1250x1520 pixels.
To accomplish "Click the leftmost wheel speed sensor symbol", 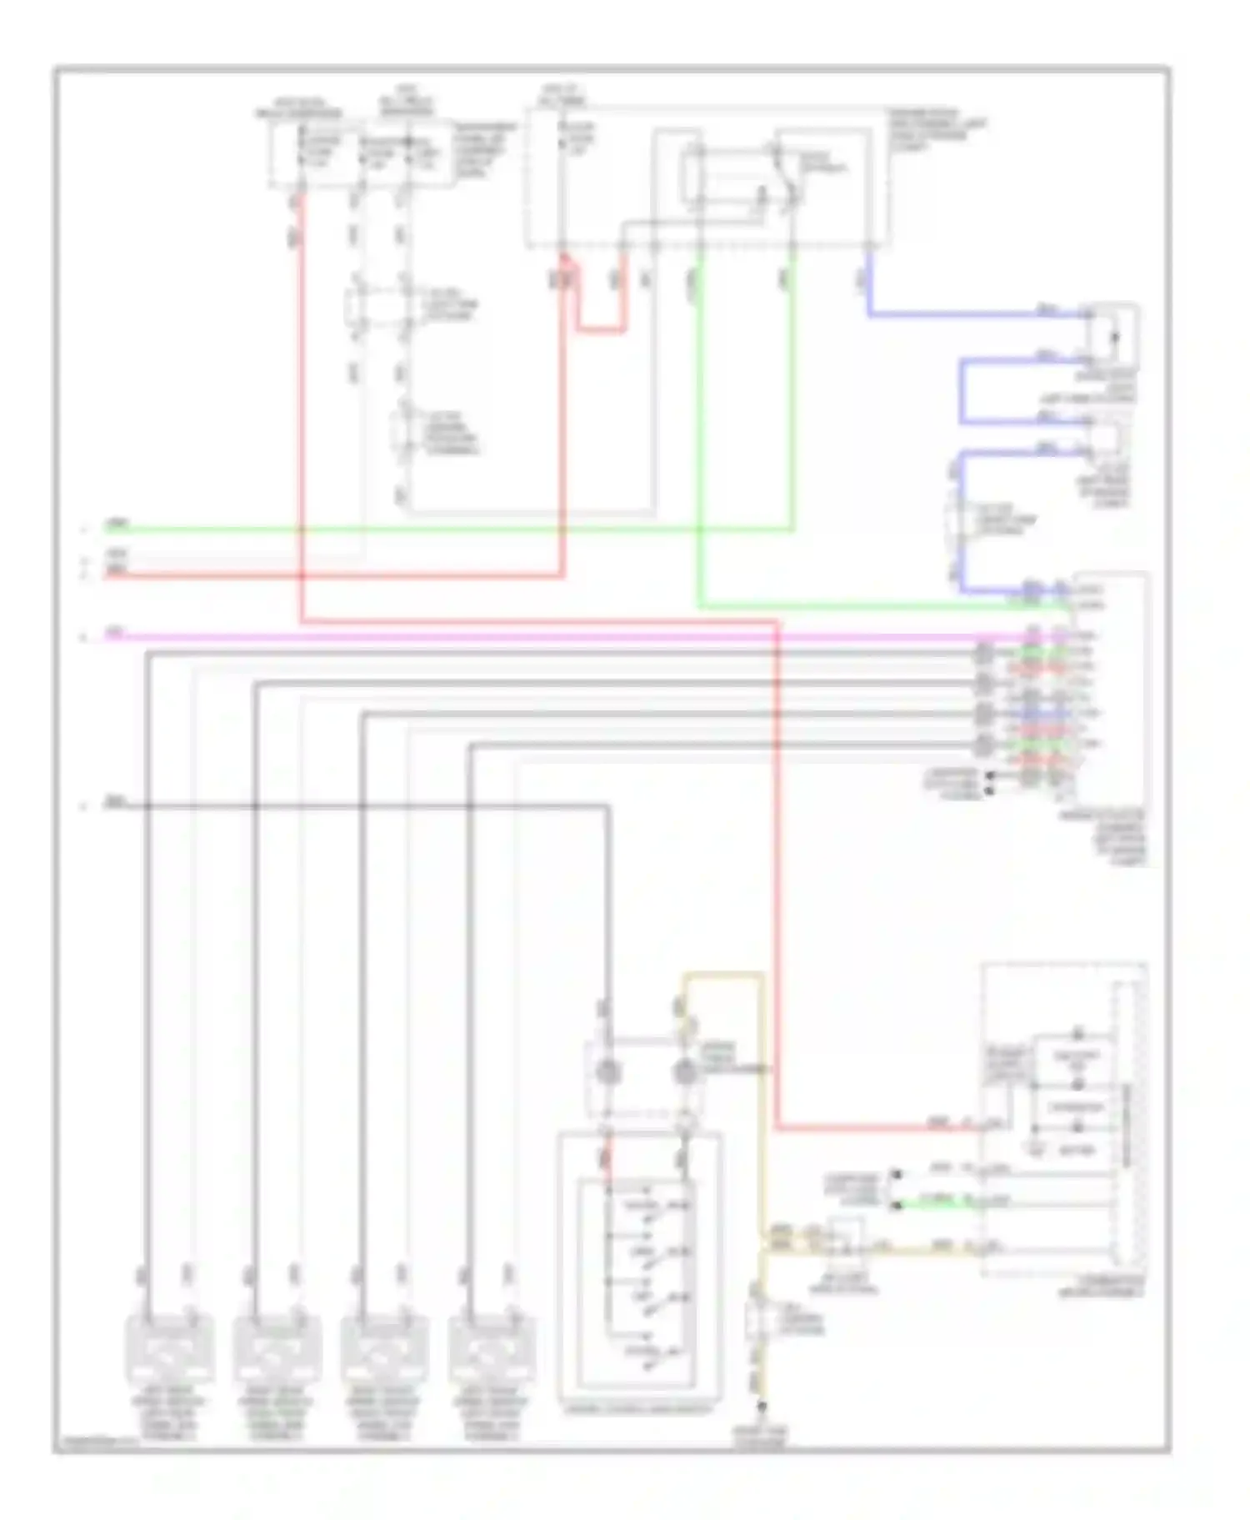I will coord(169,1348).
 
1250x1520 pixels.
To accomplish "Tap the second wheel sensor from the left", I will coord(277,1348).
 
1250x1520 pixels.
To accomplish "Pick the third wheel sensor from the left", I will coord(384,1348).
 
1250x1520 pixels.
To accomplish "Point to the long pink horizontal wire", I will coord(542,637).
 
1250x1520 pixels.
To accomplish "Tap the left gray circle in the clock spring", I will coord(607,1072).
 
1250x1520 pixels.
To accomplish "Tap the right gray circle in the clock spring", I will coord(684,1072).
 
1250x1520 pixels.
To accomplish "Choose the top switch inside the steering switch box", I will coord(646,1206).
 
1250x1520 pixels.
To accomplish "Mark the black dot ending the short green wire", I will coord(896,1205).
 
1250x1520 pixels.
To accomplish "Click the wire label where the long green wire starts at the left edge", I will coord(117,525).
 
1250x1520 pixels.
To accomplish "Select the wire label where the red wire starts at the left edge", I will coord(117,571).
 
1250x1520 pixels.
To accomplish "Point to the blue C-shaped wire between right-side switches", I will coord(962,392).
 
